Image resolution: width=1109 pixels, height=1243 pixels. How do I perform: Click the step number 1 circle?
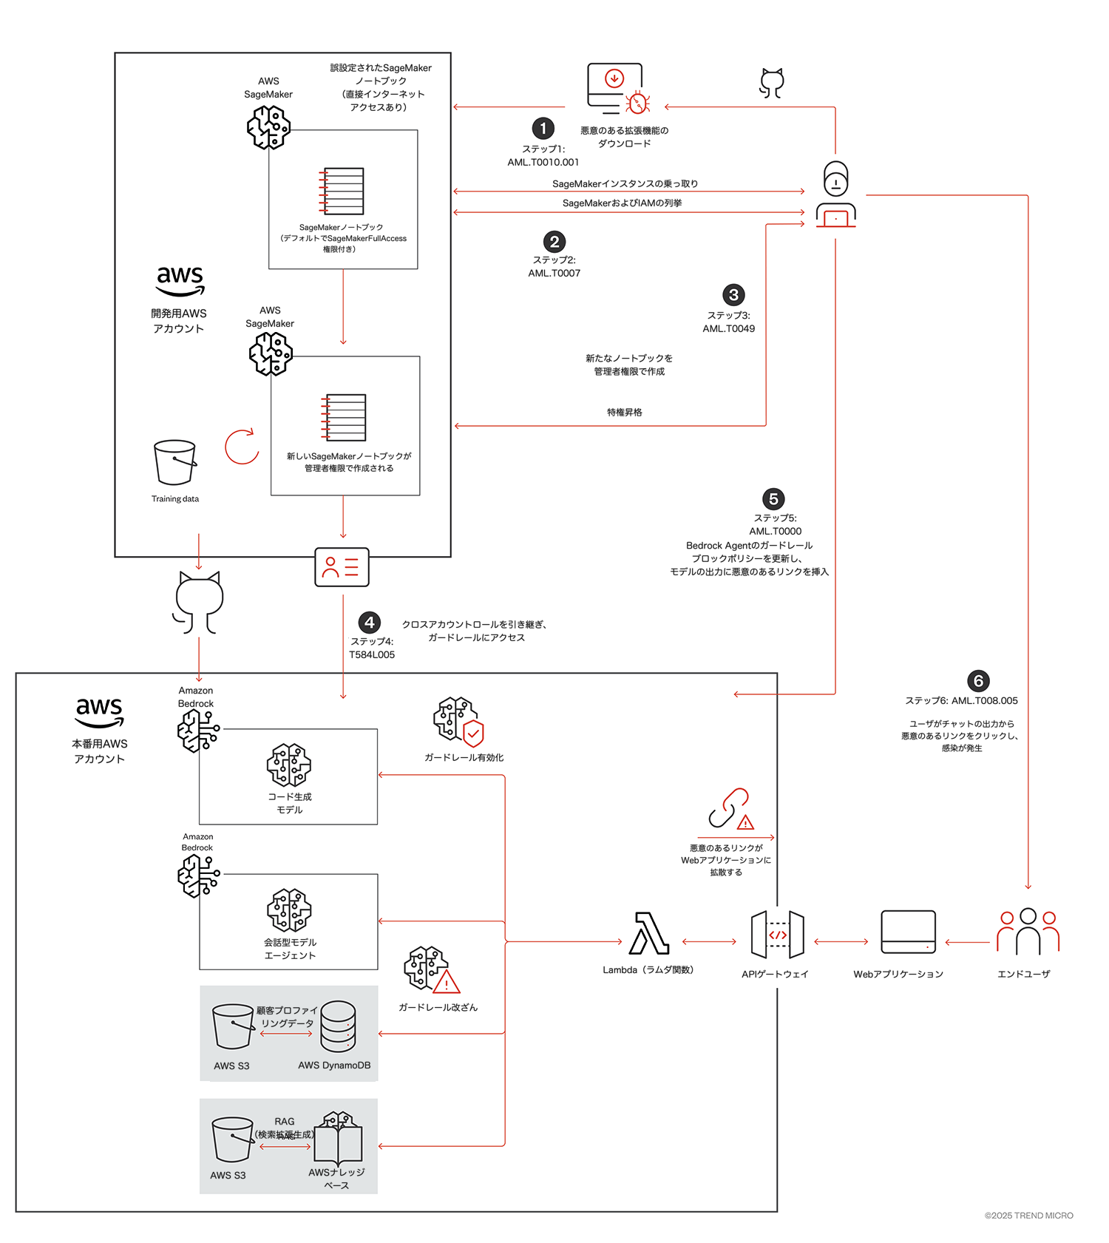click(543, 129)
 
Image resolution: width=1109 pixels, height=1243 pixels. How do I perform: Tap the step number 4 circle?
click(370, 623)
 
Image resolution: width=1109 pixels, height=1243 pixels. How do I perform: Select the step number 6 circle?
click(978, 681)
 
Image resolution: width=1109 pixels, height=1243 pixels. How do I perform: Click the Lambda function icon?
click(649, 934)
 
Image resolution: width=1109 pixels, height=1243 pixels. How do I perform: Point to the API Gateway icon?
click(777, 935)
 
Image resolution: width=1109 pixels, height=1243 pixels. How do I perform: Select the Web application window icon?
click(908, 932)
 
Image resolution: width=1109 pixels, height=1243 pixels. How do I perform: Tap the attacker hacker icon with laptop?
click(836, 195)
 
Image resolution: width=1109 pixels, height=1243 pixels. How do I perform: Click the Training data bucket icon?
click(175, 462)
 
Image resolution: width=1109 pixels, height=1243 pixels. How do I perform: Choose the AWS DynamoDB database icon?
click(338, 1026)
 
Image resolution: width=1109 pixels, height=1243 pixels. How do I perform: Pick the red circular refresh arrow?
click(242, 447)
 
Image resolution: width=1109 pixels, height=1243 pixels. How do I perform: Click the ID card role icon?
click(342, 567)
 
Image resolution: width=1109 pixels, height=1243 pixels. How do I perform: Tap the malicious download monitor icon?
click(618, 89)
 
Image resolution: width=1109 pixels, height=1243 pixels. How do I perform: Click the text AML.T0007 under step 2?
click(554, 274)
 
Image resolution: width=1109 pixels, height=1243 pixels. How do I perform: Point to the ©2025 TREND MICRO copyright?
click(1028, 1216)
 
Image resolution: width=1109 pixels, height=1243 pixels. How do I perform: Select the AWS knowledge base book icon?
click(338, 1137)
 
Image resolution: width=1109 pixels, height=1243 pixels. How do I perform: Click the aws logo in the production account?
click(100, 711)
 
